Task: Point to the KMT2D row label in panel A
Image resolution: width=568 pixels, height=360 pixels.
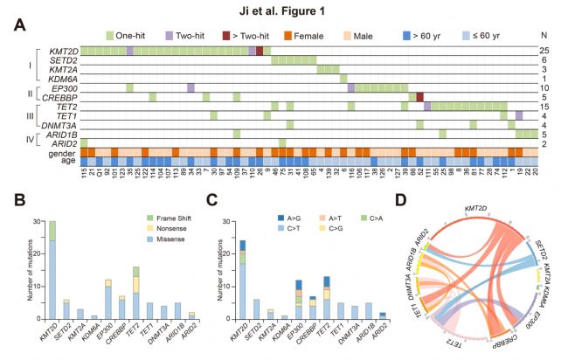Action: [x=62, y=52]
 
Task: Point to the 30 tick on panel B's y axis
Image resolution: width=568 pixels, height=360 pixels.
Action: [x=35, y=221]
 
